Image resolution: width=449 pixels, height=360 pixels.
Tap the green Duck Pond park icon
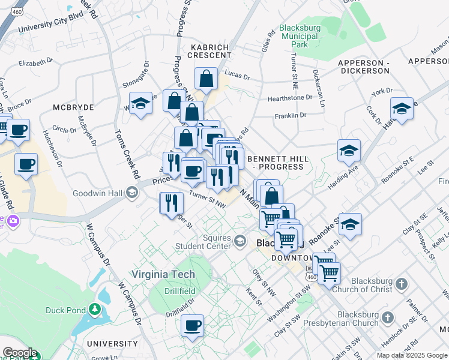94,310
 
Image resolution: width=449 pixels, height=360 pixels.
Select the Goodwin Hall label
98,193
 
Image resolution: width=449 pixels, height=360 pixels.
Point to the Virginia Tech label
164,274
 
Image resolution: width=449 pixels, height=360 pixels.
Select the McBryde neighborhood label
72,107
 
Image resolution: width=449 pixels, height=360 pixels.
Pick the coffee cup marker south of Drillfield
192,326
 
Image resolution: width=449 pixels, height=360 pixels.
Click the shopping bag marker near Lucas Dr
206,79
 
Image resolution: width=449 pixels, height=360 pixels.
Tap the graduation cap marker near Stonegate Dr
140,103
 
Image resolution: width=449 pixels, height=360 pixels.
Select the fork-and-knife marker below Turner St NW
172,203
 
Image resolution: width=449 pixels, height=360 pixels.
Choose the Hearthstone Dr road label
290,97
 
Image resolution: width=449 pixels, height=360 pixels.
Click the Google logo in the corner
19,353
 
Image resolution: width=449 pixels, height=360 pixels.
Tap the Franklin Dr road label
291,115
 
